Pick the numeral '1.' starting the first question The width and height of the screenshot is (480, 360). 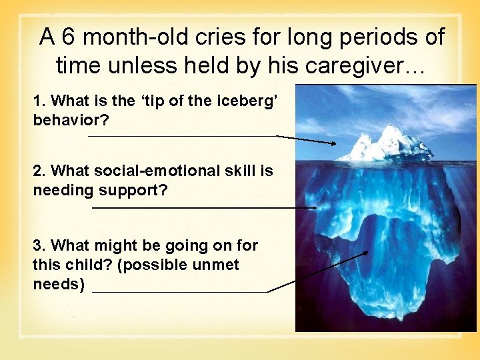coord(39,101)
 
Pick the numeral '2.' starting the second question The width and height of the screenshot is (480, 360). coord(39,171)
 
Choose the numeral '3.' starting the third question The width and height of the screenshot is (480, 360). coord(39,245)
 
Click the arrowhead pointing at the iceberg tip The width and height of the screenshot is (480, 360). coord(333,143)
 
